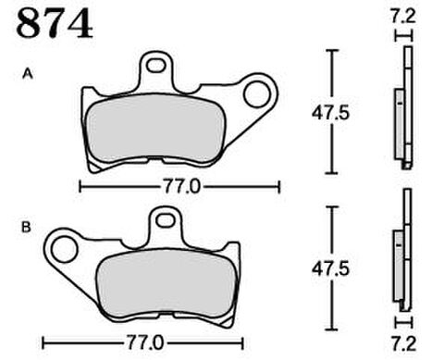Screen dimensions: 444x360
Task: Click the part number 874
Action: (55, 23)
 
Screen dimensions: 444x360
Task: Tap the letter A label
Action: (28, 74)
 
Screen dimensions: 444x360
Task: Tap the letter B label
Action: (26, 228)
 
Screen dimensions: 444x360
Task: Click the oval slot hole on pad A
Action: (155, 66)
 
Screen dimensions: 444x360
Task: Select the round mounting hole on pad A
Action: (255, 94)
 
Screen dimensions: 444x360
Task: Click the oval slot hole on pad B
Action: (165, 220)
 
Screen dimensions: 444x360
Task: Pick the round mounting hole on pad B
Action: (64, 249)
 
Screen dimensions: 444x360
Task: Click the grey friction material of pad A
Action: (155, 129)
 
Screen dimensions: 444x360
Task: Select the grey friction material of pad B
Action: (166, 284)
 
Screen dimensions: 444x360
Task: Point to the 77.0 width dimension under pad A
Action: (182, 187)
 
